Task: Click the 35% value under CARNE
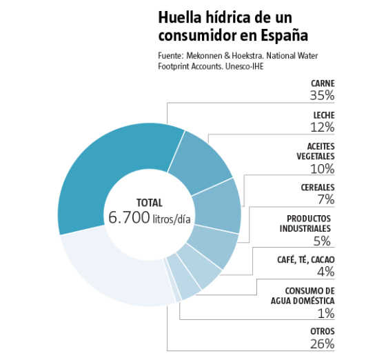(x=322, y=96)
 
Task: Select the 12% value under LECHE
(x=323, y=128)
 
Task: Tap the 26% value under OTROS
(x=323, y=344)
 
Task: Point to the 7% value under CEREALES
(x=326, y=199)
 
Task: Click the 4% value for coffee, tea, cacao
(x=325, y=272)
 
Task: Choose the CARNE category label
(x=323, y=83)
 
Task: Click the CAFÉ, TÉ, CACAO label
(x=306, y=260)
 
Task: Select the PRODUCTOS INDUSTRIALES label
(x=305, y=223)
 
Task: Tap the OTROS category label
(x=323, y=332)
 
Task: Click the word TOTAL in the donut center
(x=150, y=203)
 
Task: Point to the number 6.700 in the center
(x=129, y=217)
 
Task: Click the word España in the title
(x=284, y=35)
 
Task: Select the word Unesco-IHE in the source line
(x=244, y=66)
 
